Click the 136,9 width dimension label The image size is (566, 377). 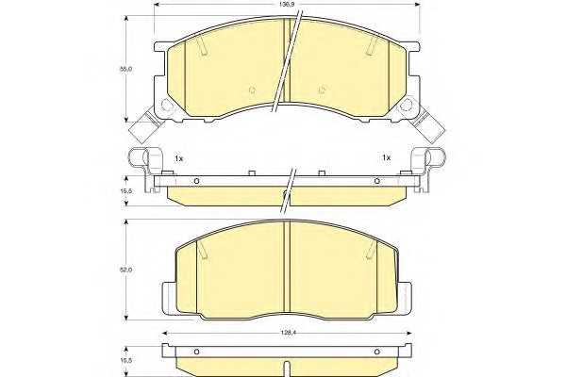286,6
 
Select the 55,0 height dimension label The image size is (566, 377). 125,69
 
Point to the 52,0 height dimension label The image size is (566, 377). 125,270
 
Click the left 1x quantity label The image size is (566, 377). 178,158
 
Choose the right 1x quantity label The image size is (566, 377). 386,157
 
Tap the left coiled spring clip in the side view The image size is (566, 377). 141,158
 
